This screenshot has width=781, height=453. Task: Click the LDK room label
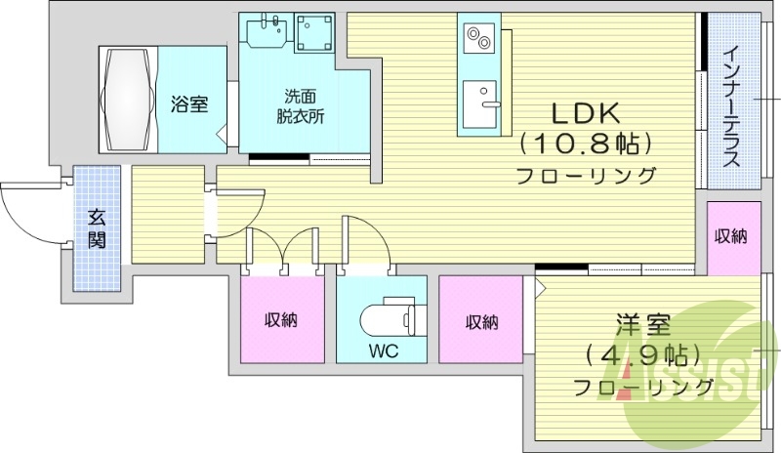click(x=584, y=110)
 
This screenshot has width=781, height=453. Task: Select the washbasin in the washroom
click(x=264, y=33)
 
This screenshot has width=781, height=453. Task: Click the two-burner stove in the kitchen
click(x=478, y=39)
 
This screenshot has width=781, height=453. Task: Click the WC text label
click(x=382, y=348)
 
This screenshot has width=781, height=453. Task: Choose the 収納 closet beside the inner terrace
click(x=733, y=237)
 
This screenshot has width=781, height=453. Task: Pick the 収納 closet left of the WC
click(x=281, y=319)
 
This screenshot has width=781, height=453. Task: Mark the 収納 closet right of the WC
click(x=481, y=319)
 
